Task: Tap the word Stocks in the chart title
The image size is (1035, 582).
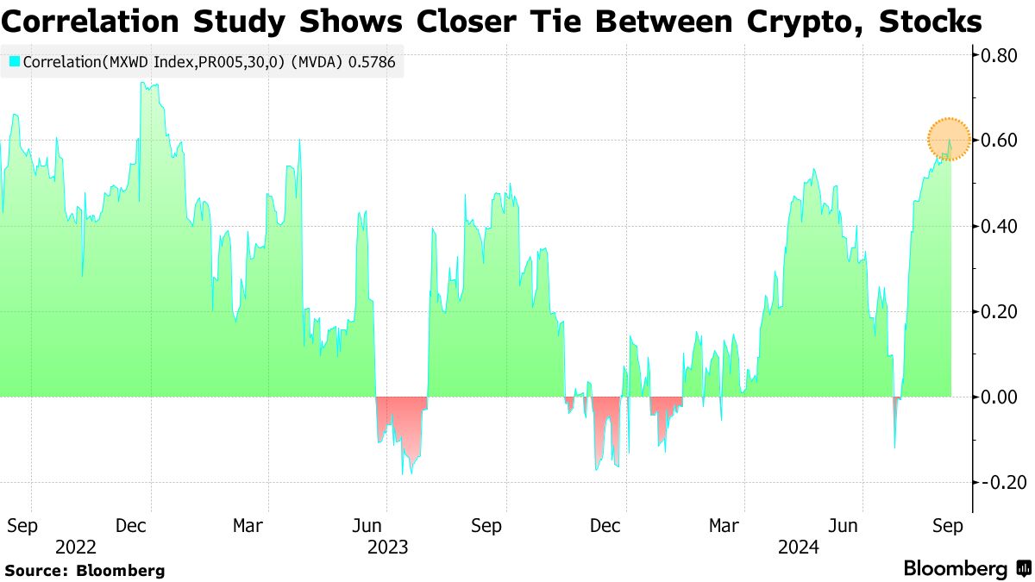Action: (x=930, y=21)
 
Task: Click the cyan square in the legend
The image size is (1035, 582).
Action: (x=14, y=62)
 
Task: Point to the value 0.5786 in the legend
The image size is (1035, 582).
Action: (x=373, y=62)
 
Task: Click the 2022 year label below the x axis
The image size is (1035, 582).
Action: (x=75, y=547)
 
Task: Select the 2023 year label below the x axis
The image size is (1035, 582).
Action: (x=388, y=547)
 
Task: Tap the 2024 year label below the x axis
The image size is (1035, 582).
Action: (x=799, y=547)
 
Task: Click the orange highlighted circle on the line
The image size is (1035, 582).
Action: (x=949, y=139)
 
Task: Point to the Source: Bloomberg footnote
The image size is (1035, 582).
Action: (x=85, y=570)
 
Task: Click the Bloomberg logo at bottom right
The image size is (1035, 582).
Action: (x=967, y=569)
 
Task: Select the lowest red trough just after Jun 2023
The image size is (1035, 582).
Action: (x=402, y=474)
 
